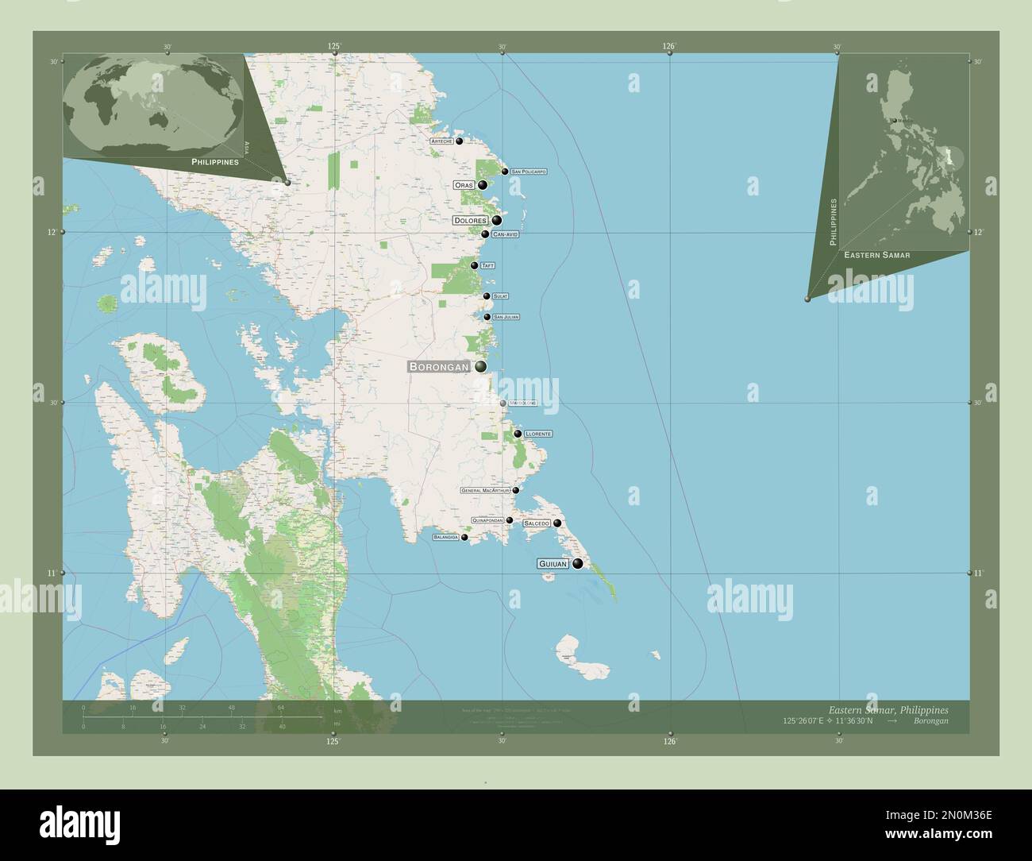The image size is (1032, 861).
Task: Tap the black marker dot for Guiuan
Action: [577, 564]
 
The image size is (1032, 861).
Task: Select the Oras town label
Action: [464, 185]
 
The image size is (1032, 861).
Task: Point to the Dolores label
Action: [470, 220]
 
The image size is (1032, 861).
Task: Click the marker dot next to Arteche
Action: [459, 141]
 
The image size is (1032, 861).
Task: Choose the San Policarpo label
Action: [529, 172]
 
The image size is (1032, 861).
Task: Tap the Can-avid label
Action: [505, 234]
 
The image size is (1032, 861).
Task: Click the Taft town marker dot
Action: [474, 265]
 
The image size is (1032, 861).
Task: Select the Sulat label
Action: [500, 296]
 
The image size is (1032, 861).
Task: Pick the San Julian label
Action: [506, 317]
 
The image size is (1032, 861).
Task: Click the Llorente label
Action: [538, 434]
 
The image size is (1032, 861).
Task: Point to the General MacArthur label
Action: [485, 491]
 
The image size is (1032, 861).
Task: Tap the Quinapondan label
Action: [487, 520]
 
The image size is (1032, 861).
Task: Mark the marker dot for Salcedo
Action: [557, 523]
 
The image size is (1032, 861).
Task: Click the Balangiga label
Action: [445, 538]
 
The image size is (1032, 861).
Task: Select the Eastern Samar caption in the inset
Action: [877, 255]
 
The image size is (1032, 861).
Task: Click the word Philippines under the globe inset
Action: [214, 161]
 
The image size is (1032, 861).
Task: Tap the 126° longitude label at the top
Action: [669, 47]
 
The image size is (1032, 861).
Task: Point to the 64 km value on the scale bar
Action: [280, 707]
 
